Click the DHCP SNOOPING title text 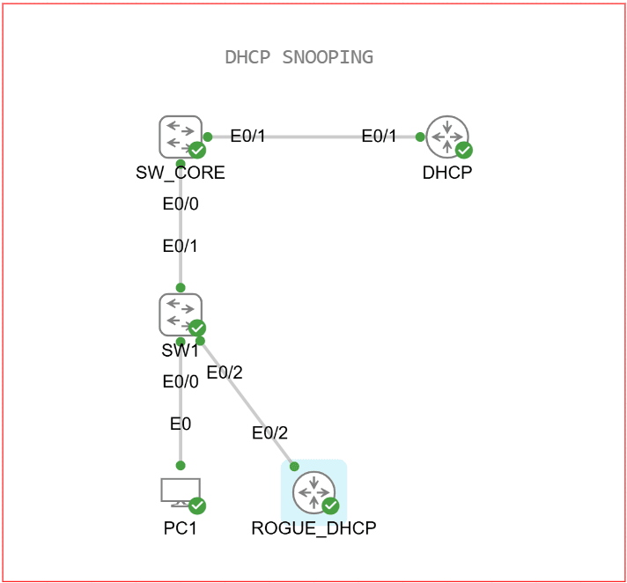point(299,57)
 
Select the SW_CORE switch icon point(181,137)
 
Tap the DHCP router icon point(447,137)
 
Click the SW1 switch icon point(181,314)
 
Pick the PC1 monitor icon point(180,491)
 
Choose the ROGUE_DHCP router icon point(314,492)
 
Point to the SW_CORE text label point(181,173)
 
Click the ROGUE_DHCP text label point(313,528)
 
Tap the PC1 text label point(181,528)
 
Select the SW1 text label point(181,350)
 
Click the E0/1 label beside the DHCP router point(380,136)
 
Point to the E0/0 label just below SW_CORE point(181,204)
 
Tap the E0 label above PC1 point(181,424)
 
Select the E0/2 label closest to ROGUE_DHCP point(269,432)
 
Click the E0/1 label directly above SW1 point(181,246)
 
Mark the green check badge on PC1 point(197,506)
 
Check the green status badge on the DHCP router point(464,151)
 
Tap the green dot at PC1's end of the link point(181,465)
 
